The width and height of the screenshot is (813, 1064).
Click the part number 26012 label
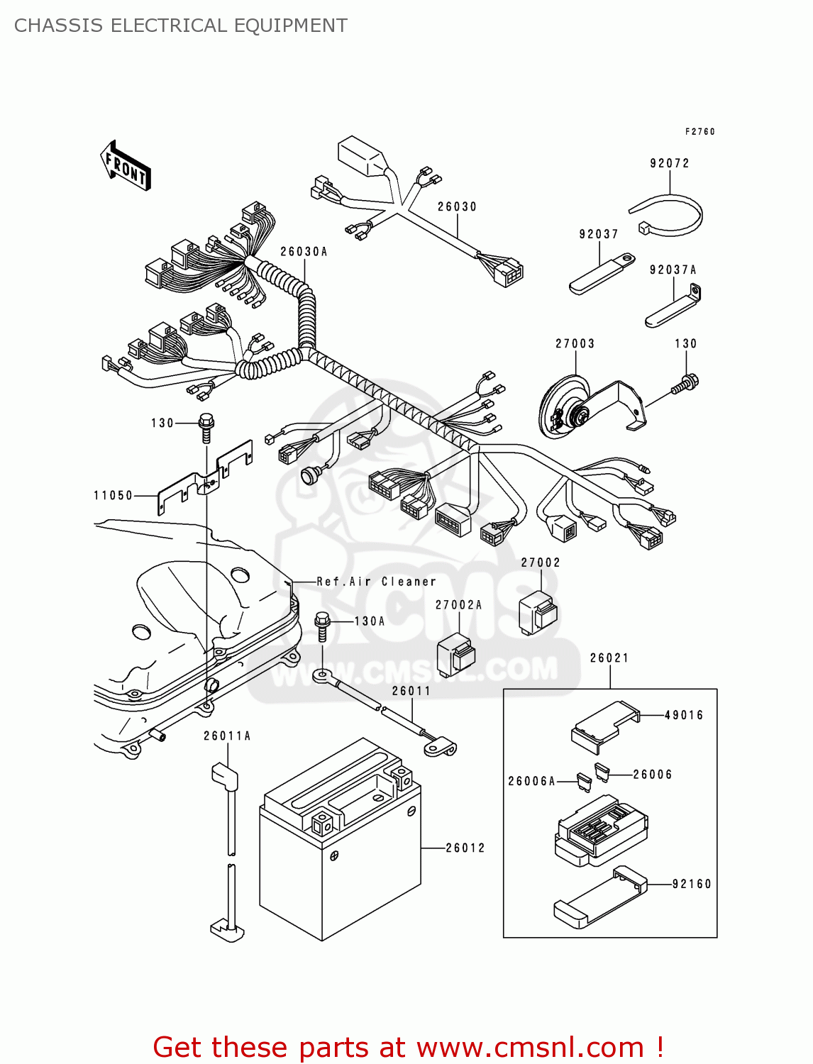pyautogui.click(x=465, y=848)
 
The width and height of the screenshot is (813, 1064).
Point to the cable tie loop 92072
pyautogui.click(x=667, y=214)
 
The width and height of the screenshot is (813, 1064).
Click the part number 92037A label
pyautogui.click(x=673, y=270)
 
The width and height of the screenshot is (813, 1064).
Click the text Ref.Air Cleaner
pyautogui.click(x=376, y=582)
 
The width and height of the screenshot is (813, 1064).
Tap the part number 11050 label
pyautogui.click(x=114, y=495)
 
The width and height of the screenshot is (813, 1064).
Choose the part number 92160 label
pyautogui.click(x=692, y=884)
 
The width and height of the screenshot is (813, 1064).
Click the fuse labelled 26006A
pyautogui.click(x=585, y=782)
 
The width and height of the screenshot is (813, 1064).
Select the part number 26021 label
pyautogui.click(x=609, y=658)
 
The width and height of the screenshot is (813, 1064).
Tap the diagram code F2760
pyautogui.click(x=699, y=132)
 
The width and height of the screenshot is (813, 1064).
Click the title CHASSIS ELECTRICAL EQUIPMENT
pyautogui.click(x=181, y=26)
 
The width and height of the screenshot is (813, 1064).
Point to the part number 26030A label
pyautogui.click(x=304, y=252)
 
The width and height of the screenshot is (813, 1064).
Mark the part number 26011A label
pyautogui.click(x=227, y=736)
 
